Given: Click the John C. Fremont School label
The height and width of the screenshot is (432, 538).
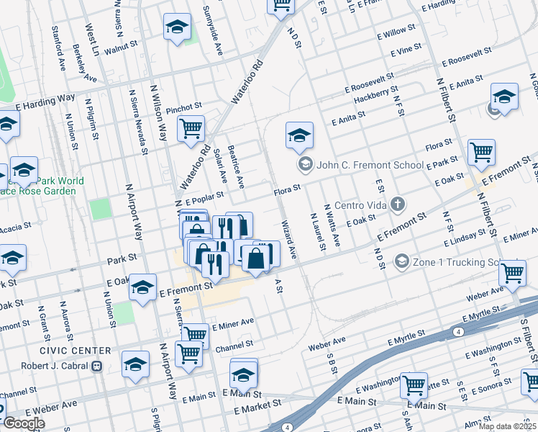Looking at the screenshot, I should (370, 165).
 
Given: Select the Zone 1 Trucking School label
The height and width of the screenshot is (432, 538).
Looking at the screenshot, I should (455, 261).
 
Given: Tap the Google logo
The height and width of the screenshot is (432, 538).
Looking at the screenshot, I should (24, 423).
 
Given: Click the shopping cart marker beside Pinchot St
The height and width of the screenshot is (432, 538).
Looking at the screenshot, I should (191, 129).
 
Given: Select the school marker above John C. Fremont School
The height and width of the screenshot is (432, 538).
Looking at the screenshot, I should (299, 135).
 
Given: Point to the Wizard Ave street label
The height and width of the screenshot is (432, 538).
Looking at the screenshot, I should (289, 239).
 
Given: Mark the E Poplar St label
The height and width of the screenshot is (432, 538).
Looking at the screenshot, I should (205, 198).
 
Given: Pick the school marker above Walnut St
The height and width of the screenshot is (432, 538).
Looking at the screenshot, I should (177, 27).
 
